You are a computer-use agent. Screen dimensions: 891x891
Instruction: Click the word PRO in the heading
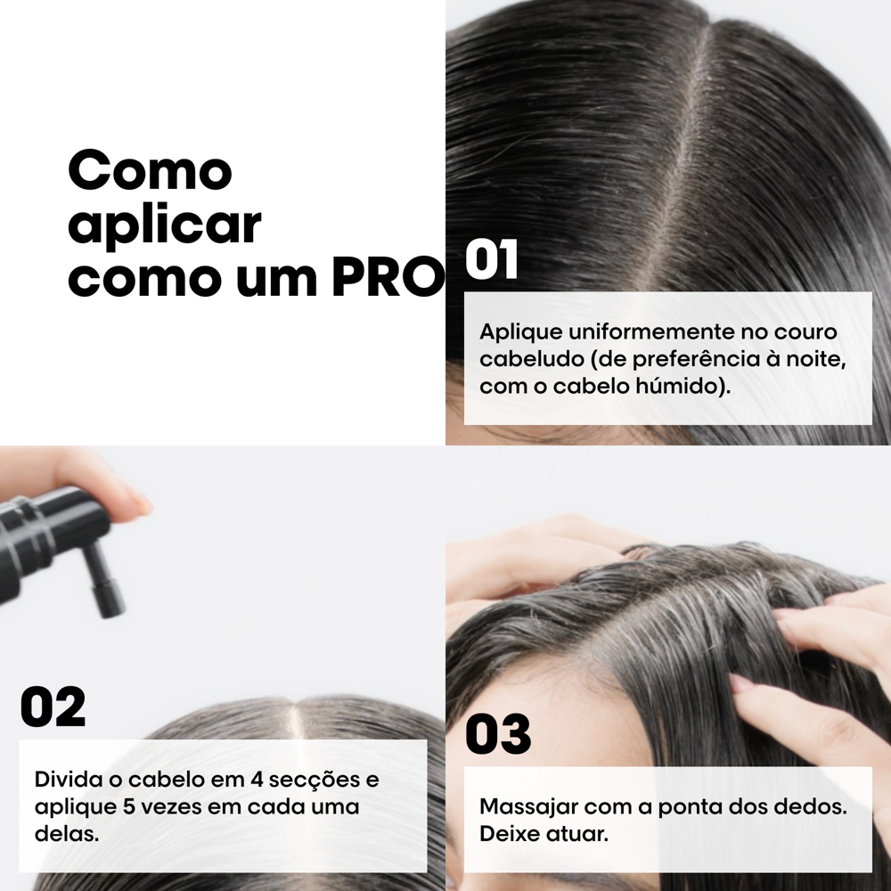point(388,278)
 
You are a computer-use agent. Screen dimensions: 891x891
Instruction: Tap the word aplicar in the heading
point(164,225)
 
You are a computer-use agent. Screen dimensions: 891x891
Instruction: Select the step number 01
point(492,259)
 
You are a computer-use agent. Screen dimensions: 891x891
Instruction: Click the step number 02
point(53,707)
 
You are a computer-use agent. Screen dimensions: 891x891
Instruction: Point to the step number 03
point(498,733)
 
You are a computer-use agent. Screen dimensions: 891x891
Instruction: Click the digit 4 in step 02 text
point(256,779)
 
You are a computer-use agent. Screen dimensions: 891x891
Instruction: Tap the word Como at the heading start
point(150,170)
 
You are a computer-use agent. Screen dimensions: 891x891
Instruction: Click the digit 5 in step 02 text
point(128,806)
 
